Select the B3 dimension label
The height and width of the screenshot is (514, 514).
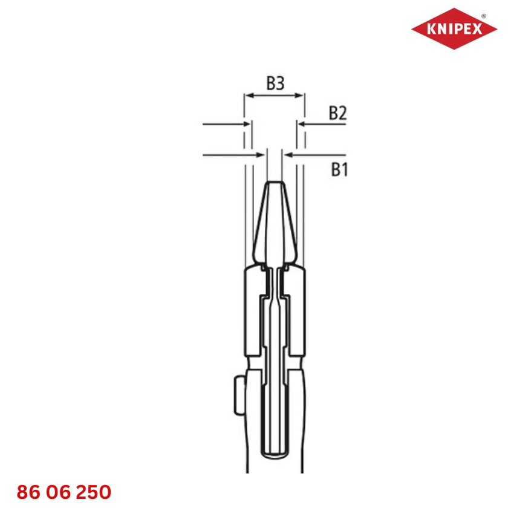(275, 83)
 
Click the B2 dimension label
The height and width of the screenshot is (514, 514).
(337, 112)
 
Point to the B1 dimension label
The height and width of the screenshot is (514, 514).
(339, 170)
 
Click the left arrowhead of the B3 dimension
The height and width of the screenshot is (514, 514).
(247, 95)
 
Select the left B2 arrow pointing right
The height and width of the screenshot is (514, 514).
(247, 125)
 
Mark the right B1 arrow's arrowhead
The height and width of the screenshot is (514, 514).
(287, 155)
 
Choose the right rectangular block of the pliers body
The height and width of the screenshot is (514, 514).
(296, 311)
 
